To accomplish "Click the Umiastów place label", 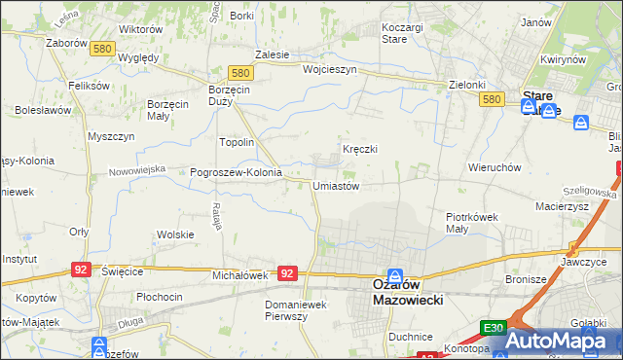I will coord(337,186).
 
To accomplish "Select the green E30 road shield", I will coord(493,329).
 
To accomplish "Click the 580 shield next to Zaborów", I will coord(101,49).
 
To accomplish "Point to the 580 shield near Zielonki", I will coord(492,99).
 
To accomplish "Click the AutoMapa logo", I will coord(563,341).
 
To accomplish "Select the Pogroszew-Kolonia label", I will coord(236,173).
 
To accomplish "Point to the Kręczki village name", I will coord(359,149).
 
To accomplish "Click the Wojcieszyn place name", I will coord(330,70).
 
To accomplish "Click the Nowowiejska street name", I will coord(137,169).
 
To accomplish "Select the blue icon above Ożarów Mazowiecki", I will coord(396,276).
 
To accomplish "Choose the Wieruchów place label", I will coord(495,167).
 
